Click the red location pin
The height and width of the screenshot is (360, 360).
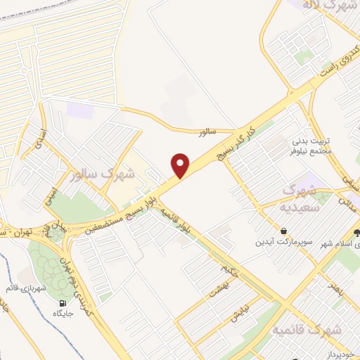point(181,165)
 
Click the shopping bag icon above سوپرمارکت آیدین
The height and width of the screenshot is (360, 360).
point(283,231)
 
